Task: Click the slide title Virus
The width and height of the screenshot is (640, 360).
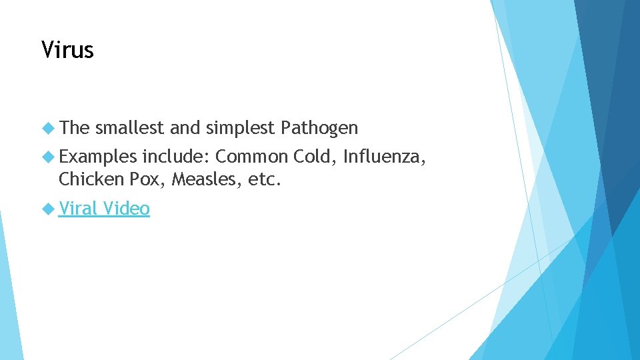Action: click(67, 49)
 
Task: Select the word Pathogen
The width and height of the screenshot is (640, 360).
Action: click(320, 128)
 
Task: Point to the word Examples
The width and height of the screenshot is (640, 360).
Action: click(97, 157)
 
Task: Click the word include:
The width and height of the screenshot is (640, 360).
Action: click(177, 157)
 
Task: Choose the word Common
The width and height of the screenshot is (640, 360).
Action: click(252, 157)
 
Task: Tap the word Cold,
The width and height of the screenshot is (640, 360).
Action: click(315, 157)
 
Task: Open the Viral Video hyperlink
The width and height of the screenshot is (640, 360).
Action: click(104, 209)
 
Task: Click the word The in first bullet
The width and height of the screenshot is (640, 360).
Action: click(74, 127)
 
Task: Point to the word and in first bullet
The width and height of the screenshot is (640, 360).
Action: click(185, 127)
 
